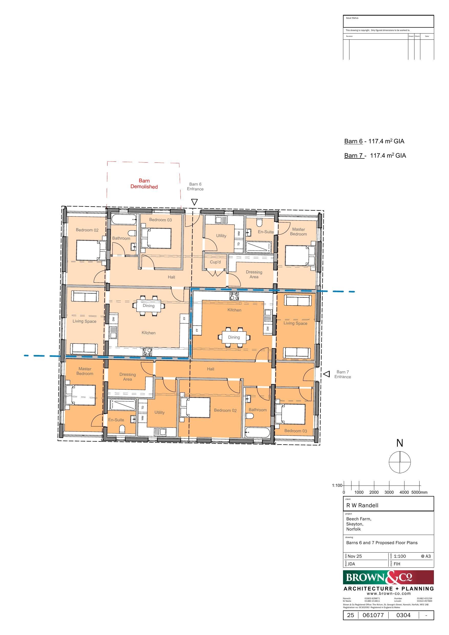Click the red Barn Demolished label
[144, 184]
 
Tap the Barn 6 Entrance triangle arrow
[195, 202]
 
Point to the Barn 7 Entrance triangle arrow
[327, 374]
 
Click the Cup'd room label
[215, 262]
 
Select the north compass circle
[400, 462]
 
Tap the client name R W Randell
[362, 505]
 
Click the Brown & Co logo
[388, 577]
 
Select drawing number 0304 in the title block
[403, 615]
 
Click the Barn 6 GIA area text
[374, 141]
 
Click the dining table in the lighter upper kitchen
[148, 306]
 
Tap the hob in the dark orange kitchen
[234, 296]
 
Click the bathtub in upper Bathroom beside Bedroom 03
[124, 220]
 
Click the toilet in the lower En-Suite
[122, 429]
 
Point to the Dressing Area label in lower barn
[127, 377]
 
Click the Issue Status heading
[352, 18]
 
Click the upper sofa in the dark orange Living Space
[296, 301]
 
